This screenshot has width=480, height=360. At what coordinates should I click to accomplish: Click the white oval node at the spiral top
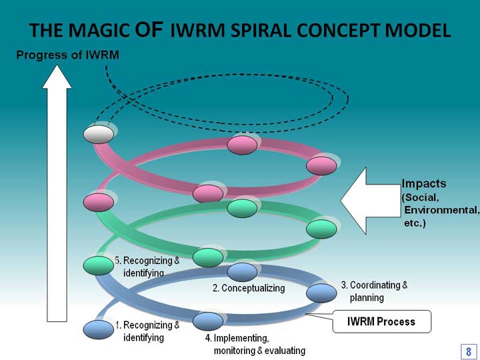click(x=99, y=135)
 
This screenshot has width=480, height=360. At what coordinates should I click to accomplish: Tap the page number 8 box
click(x=469, y=351)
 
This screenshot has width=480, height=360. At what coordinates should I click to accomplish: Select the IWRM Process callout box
click(x=382, y=321)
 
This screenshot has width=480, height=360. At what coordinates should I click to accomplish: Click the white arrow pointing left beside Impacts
click(x=371, y=201)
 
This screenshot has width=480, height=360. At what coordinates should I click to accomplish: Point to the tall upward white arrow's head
click(x=57, y=77)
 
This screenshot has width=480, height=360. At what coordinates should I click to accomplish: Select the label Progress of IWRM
click(x=67, y=55)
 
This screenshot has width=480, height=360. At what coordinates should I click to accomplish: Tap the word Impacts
click(x=424, y=183)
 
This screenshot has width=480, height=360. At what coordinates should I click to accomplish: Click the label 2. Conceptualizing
click(x=249, y=288)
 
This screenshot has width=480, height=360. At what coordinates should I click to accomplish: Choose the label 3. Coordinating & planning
click(x=375, y=291)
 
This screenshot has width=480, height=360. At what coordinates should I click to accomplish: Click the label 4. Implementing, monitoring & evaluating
click(x=255, y=344)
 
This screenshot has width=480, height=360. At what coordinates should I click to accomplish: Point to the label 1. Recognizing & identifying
click(x=147, y=331)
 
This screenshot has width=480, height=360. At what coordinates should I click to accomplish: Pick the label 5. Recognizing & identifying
click(x=147, y=266)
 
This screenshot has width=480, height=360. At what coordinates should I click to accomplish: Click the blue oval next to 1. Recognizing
click(x=99, y=330)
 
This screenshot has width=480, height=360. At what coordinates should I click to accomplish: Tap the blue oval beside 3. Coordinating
click(x=321, y=293)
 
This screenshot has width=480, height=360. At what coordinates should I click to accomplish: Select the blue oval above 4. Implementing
click(x=208, y=321)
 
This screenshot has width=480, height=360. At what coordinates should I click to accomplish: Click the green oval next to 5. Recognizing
click(x=99, y=266)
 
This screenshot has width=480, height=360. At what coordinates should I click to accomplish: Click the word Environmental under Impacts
click(x=441, y=210)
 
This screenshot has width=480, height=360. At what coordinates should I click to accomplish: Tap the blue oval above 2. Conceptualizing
click(x=242, y=272)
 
